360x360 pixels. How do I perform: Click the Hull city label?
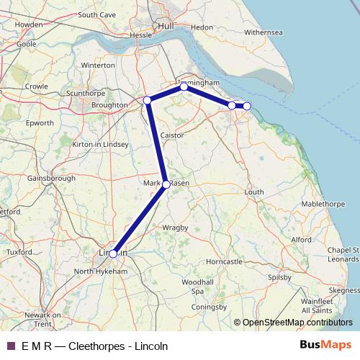coord(167,25)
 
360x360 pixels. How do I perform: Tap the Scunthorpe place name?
coord(85,94)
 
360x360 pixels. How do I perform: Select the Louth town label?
coord(255,192)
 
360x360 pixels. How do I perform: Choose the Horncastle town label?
coord(224,261)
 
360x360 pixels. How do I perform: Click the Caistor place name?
coord(173,135)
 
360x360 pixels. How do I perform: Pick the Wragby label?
coord(175,228)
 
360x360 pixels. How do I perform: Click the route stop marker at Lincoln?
coord(113,253)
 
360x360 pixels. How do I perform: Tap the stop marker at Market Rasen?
coord(166,185)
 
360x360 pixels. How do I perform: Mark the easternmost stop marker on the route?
coord(247,106)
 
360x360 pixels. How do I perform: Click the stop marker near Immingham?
coord(184,86)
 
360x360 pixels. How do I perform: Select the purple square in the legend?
coord(10,346)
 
